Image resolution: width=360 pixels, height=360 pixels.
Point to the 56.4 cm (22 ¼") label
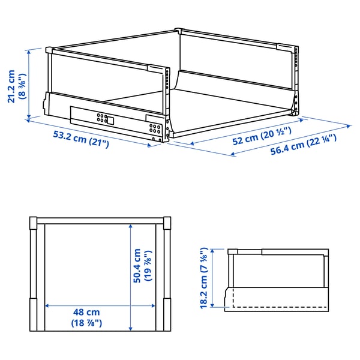[303, 145]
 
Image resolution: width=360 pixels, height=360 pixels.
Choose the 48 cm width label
[88, 313]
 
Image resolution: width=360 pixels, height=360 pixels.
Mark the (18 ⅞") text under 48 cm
[88, 323]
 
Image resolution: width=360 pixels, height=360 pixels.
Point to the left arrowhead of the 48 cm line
[47, 305]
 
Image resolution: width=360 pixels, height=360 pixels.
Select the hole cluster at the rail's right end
[156, 129]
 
